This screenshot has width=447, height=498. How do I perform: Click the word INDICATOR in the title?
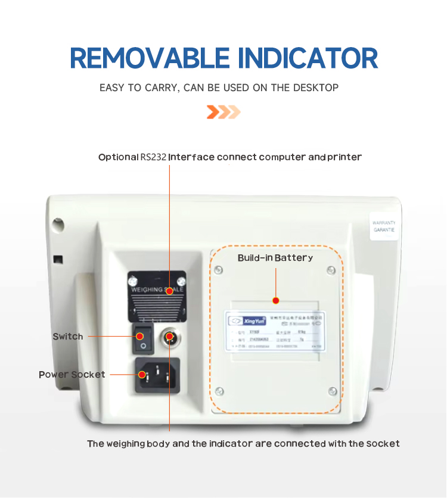[308, 58]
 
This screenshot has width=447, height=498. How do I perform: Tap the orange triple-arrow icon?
[223, 111]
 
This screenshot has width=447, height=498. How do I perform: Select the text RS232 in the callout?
[153, 157]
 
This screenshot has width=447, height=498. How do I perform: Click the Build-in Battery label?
[275, 258]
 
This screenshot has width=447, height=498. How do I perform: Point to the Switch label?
[68, 337]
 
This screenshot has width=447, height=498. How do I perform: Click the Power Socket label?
[72, 375]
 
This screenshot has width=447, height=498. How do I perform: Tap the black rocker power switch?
[142, 337]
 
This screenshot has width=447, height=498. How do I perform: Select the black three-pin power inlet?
[157, 375]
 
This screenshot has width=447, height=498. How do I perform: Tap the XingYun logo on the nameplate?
[243, 320]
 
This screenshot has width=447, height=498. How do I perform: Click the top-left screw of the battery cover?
[219, 270]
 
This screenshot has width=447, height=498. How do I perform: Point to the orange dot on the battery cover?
[275, 300]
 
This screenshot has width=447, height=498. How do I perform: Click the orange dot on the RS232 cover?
[169, 291]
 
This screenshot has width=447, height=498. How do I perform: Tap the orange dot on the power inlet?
[142, 375]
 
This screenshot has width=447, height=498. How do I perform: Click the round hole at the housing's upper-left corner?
[57, 225]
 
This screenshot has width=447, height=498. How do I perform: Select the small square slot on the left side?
[58, 260]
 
